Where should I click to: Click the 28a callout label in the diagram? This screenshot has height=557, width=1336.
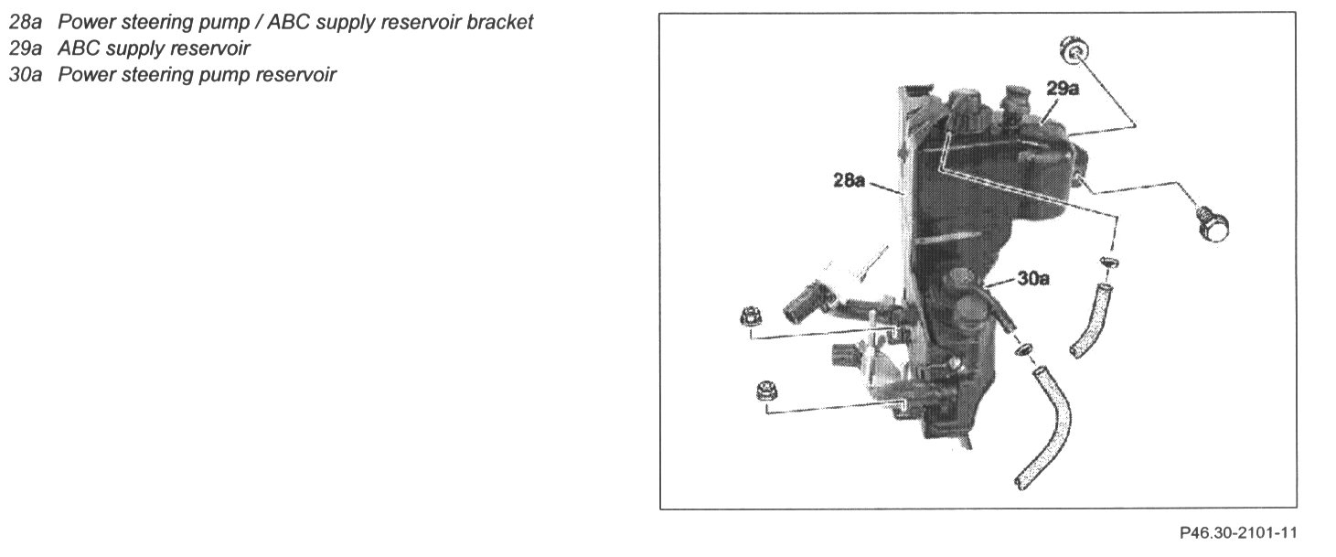pyautogui.click(x=849, y=181)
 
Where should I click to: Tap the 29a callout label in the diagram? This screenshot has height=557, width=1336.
pyautogui.click(x=1063, y=89)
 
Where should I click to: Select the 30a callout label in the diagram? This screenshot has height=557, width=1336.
pyautogui.click(x=1032, y=279)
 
